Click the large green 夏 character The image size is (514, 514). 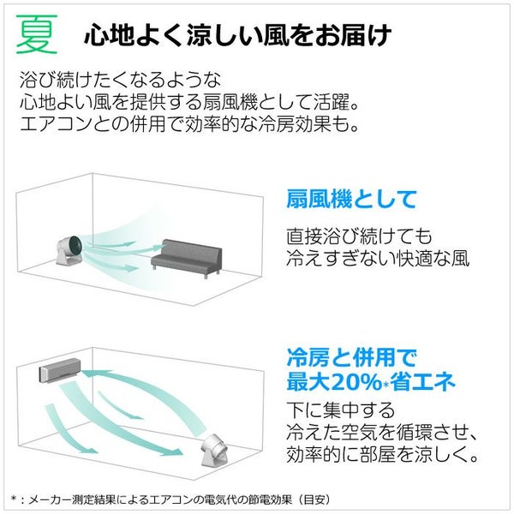click(x=37, y=34)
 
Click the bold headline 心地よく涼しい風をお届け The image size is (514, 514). click(x=237, y=35)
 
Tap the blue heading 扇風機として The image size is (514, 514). click(x=351, y=199)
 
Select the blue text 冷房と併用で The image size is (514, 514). click(x=352, y=357)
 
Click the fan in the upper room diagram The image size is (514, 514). click(x=71, y=250)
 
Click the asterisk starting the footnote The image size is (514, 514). click(x=14, y=499)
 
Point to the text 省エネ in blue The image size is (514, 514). click(x=423, y=382)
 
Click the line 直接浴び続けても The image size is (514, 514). click(x=359, y=236)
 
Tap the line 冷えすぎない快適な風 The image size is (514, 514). click(x=378, y=259)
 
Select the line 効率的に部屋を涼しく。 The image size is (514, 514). click(x=382, y=454)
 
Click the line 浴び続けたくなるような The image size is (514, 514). click(x=120, y=80)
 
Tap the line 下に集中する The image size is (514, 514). click(x=341, y=409)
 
